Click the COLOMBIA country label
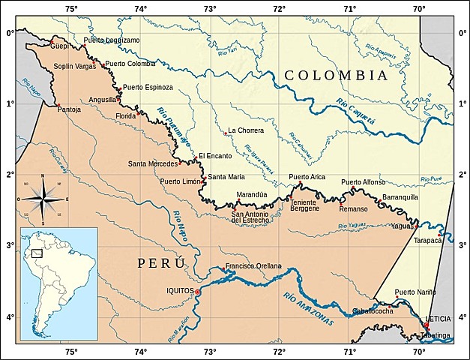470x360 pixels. tap(336, 76)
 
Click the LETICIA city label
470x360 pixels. tap(438, 319)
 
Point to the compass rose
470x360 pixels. tap(43, 199)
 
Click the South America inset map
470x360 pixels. tap(58, 283)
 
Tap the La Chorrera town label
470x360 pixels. tap(246, 130)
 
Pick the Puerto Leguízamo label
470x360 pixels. tap(111, 40)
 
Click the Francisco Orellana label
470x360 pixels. tap(253, 266)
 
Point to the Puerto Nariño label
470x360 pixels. tap(415, 292)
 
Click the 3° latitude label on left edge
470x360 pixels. tap(9, 245)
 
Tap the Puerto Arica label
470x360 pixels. tap(307, 177)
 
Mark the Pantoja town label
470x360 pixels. tap(69, 109)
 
